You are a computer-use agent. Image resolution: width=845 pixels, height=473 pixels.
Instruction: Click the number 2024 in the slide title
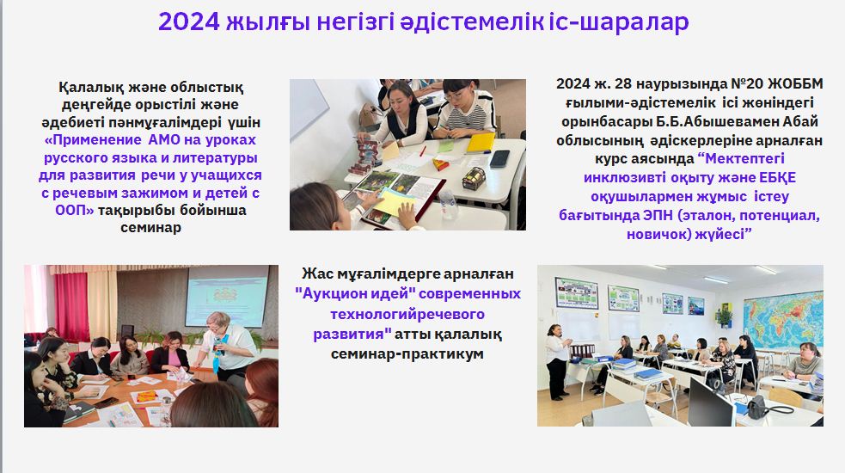tap(188, 22)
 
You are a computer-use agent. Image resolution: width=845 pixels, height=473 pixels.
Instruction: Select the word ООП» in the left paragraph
tap(75, 210)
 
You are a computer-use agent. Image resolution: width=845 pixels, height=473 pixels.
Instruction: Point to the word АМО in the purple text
tap(167, 139)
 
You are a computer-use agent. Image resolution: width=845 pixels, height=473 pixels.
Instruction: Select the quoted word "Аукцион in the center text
tap(328, 293)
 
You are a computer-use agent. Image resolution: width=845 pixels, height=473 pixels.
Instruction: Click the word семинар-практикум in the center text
tap(407, 353)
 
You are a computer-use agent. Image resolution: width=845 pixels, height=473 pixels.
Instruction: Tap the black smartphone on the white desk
tap(499, 158)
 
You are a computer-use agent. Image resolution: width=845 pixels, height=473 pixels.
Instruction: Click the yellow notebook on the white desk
tap(481, 142)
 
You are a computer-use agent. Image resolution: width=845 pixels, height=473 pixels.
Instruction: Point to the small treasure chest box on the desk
tap(474, 178)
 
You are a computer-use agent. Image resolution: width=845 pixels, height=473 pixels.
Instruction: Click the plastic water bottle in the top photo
tap(448, 203)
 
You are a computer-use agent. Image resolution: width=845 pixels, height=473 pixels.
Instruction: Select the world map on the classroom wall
tap(783, 320)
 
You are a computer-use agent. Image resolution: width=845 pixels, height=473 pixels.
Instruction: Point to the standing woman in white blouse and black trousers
tap(557, 362)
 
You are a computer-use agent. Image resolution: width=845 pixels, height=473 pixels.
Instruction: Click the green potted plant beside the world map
tap(724, 316)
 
